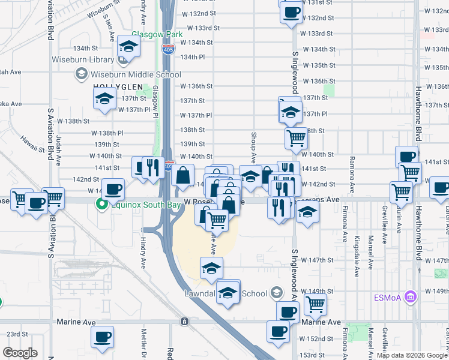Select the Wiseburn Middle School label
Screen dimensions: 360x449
[x=135, y=75]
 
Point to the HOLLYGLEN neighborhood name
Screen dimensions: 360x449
[x=118, y=87]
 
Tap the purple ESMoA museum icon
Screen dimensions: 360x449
[x=411, y=296]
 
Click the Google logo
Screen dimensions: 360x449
[x=20, y=353]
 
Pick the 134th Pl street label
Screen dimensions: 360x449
[x=193, y=57]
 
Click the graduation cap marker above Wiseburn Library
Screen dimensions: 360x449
[x=128, y=46]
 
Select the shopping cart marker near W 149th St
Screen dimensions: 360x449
[x=315, y=304]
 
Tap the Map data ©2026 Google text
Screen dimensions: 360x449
[x=412, y=355]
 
